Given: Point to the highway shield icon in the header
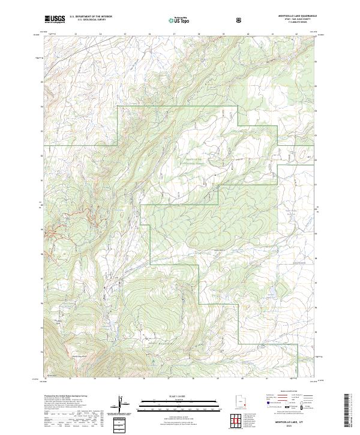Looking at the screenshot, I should pos(239,20).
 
